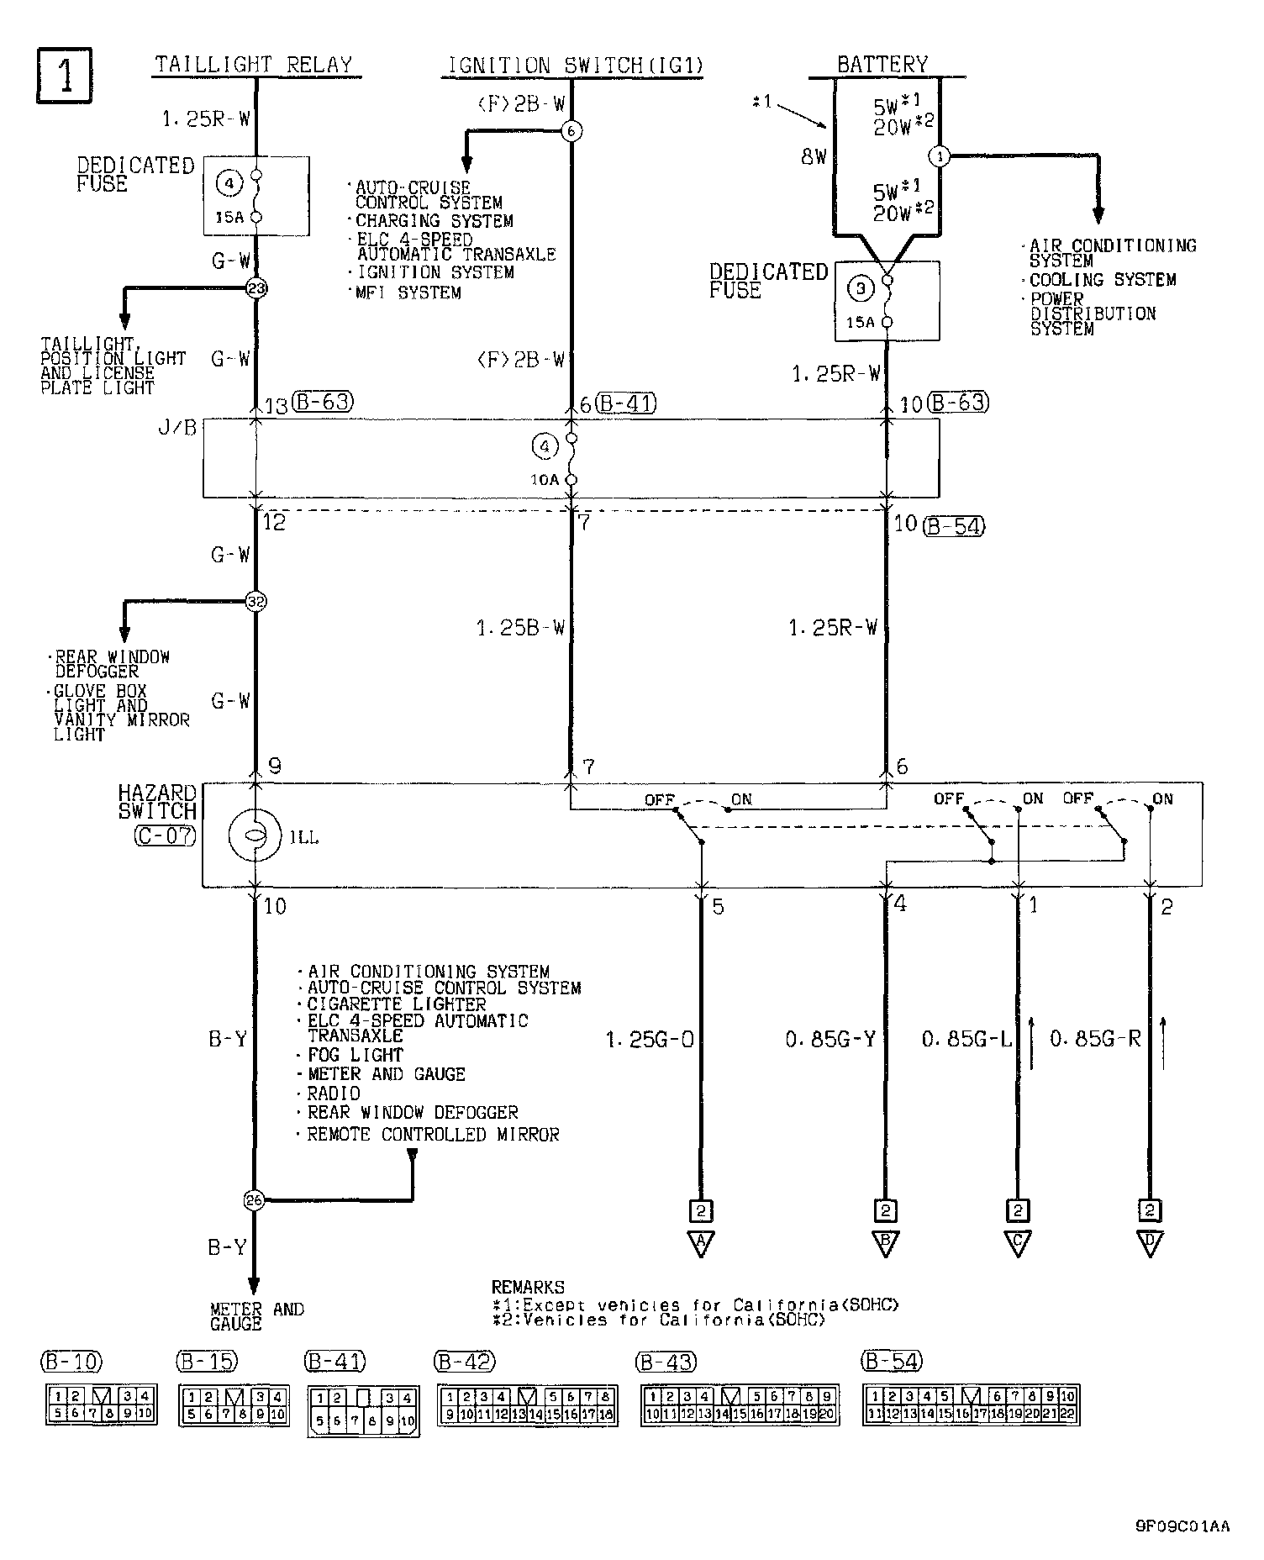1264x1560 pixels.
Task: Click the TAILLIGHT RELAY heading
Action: coord(254,65)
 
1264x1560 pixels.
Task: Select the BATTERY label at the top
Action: coord(882,65)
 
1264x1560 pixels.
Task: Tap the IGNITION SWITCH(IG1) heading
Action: coord(574,66)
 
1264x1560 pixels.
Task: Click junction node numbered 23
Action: coord(255,288)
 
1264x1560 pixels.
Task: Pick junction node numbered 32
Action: coord(255,602)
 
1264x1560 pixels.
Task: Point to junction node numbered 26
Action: coord(254,1200)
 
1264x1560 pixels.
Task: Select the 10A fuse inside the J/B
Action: coord(571,459)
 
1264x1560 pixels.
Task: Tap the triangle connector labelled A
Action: coord(700,1243)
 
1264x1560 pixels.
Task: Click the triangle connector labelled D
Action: coord(1149,1243)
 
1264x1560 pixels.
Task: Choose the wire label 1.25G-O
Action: coord(650,1041)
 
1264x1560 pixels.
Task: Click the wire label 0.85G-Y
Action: coord(830,1041)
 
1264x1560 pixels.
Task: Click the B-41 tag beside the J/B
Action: coord(625,403)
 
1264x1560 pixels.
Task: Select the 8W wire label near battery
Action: coord(814,156)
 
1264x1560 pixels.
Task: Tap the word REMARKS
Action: coord(528,1288)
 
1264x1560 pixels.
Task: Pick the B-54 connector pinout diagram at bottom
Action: coord(971,1405)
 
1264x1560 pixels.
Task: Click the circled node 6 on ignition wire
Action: coord(571,130)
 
